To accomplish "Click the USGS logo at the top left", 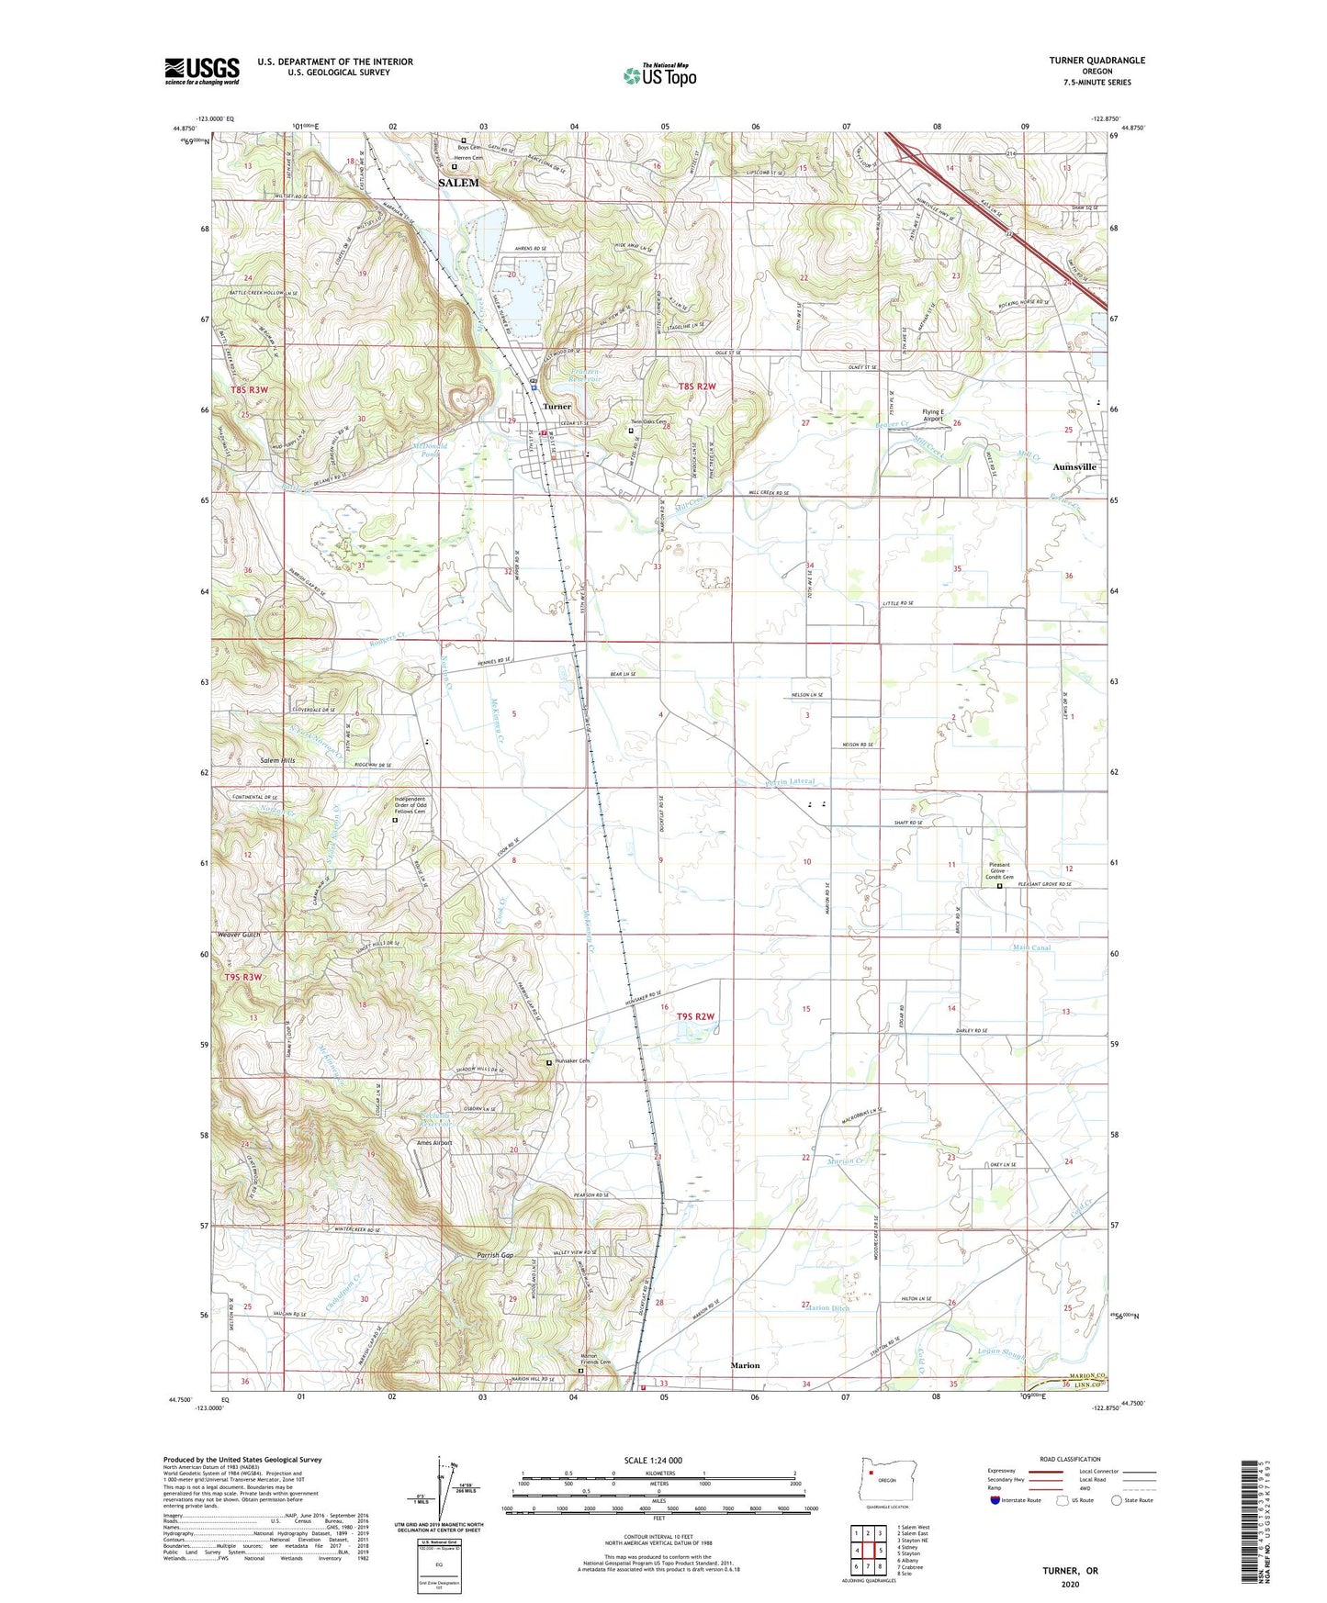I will coord(201,71).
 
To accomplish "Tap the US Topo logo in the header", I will coord(659,75).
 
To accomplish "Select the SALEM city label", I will coord(458,183).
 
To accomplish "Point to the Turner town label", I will coord(557,406).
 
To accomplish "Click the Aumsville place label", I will coord(1074,466).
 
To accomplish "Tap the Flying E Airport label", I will coord(933,416).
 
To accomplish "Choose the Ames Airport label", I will coord(434,1143).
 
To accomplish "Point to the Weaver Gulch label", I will coord(239,935).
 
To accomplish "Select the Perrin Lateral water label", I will coord(790,782).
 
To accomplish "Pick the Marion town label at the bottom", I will coord(745,1365).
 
